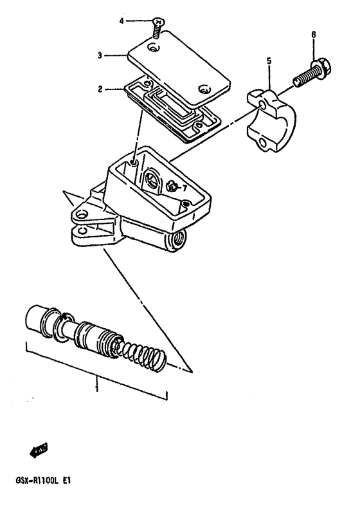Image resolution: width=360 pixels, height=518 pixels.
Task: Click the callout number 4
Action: pyautogui.click(x=122, y=21)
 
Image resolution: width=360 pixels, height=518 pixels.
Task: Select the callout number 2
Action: pyautogui.click(x=100, y=89)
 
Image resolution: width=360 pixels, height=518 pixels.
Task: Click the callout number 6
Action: pyautogui.click(x=313, y=34)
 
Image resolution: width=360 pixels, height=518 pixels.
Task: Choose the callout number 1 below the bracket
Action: pyautogui.click(x=97, y=389)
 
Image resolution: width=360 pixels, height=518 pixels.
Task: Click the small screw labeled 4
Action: pyautogui.click(x=156, y=26)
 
